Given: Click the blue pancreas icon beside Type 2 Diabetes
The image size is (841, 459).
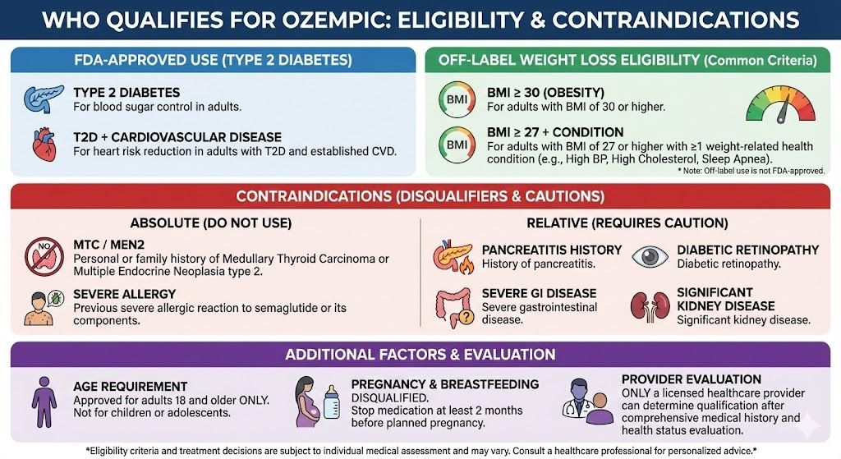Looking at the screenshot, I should click(44, 99).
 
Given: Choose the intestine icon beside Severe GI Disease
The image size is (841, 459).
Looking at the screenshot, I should click(454, 305).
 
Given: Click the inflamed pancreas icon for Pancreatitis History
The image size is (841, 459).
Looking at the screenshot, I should click(454, 256).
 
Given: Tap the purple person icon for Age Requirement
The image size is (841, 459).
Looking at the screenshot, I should click(44, 403).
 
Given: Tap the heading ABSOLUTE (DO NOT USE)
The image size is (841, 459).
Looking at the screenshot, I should click(211, 223).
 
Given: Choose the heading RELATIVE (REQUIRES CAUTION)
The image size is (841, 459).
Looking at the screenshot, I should click(626, 223).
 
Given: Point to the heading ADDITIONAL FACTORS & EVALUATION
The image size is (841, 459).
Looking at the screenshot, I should click(420, 355).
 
